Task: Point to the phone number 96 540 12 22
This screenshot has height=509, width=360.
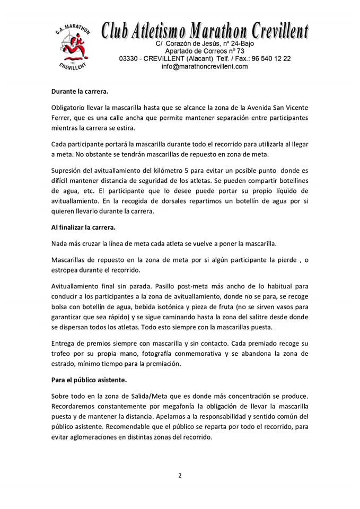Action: (270, 58)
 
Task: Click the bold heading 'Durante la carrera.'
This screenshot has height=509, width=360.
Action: (80, 91)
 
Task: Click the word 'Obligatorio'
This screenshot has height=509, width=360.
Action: (70, 107)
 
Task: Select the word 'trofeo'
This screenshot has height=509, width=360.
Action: (61, 353)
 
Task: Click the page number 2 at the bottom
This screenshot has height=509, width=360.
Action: (180, 476)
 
